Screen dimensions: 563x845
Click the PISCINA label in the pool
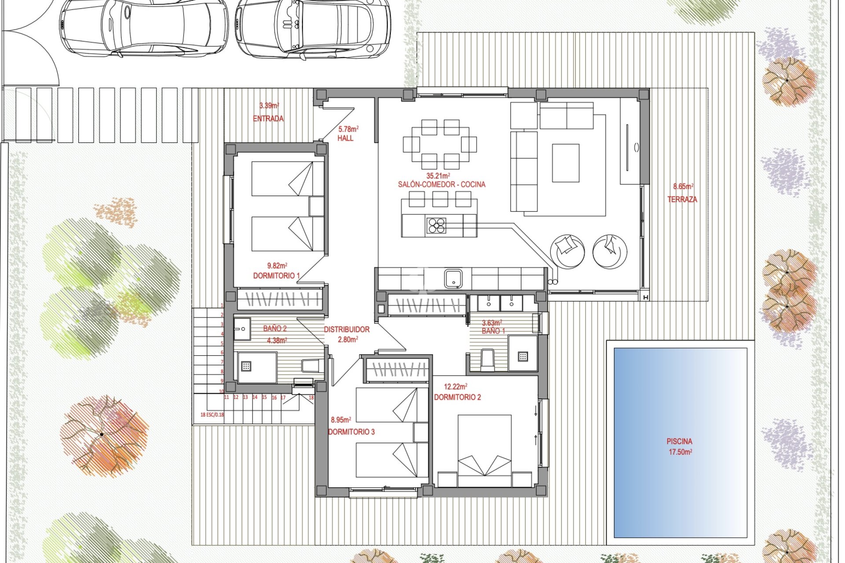tap(679, 441)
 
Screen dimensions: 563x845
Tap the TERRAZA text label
tap(682, 199)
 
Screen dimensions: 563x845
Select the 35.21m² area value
tap(438, 176)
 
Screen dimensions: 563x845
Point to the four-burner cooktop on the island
tap(436, 226)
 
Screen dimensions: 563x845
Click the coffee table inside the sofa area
tap(566, 163)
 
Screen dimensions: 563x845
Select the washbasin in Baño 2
tap(242, 329)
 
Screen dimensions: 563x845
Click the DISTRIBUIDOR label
tap(347, 329)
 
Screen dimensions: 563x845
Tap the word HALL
tap(345, 138)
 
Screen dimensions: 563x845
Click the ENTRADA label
tap(268, 118)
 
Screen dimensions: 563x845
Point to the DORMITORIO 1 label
tap(276, 276)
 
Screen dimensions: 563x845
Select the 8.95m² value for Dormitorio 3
tap(341, 420)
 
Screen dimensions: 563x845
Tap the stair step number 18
tap(311, 398)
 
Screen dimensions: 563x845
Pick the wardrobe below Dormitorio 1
tap(280, 299)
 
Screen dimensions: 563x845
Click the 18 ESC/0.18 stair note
tap(212, 414)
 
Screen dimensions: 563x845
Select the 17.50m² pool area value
tap(680, 452)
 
